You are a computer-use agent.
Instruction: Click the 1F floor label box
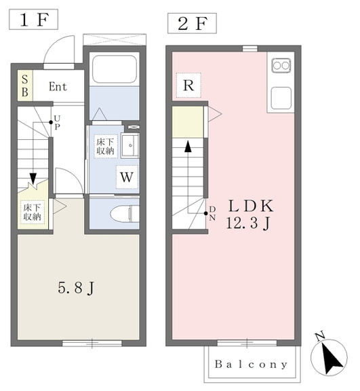33,20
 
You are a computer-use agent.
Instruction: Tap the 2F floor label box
192,24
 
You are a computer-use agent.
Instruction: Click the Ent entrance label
58,87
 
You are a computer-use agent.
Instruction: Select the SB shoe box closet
25,86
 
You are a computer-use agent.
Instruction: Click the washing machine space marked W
127,177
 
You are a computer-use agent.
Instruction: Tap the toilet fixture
125,213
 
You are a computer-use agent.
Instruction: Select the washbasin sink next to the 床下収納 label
129,146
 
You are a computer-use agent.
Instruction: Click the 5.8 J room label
76,288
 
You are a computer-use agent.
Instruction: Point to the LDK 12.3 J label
250,215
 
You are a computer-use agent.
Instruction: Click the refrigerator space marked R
188,86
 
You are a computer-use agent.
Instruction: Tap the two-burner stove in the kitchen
281,66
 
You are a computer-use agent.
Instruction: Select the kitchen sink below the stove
281,98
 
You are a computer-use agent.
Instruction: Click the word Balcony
251,365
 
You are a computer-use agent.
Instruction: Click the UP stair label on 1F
57,122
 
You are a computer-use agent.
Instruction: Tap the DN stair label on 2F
212,213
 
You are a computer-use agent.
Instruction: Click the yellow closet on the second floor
188,122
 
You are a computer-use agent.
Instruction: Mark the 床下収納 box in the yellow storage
33,212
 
